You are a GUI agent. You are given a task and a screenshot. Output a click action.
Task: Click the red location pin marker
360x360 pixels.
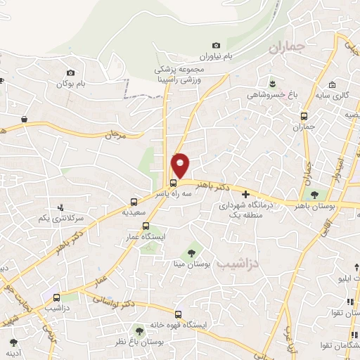pos(181,165)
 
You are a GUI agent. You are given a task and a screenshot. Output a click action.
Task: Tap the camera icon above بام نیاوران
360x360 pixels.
pos(216,46)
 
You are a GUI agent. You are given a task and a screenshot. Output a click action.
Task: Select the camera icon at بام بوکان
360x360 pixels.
pos(70,72)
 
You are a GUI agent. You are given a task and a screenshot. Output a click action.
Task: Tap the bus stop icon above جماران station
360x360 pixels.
pos(303,116)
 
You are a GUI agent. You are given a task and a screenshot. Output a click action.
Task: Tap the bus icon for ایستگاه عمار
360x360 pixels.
pos(146,226)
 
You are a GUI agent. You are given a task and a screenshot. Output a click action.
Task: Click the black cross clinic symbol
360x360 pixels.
pos(245,194)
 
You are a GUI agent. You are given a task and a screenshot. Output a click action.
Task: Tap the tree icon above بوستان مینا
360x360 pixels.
pos(191,252)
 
